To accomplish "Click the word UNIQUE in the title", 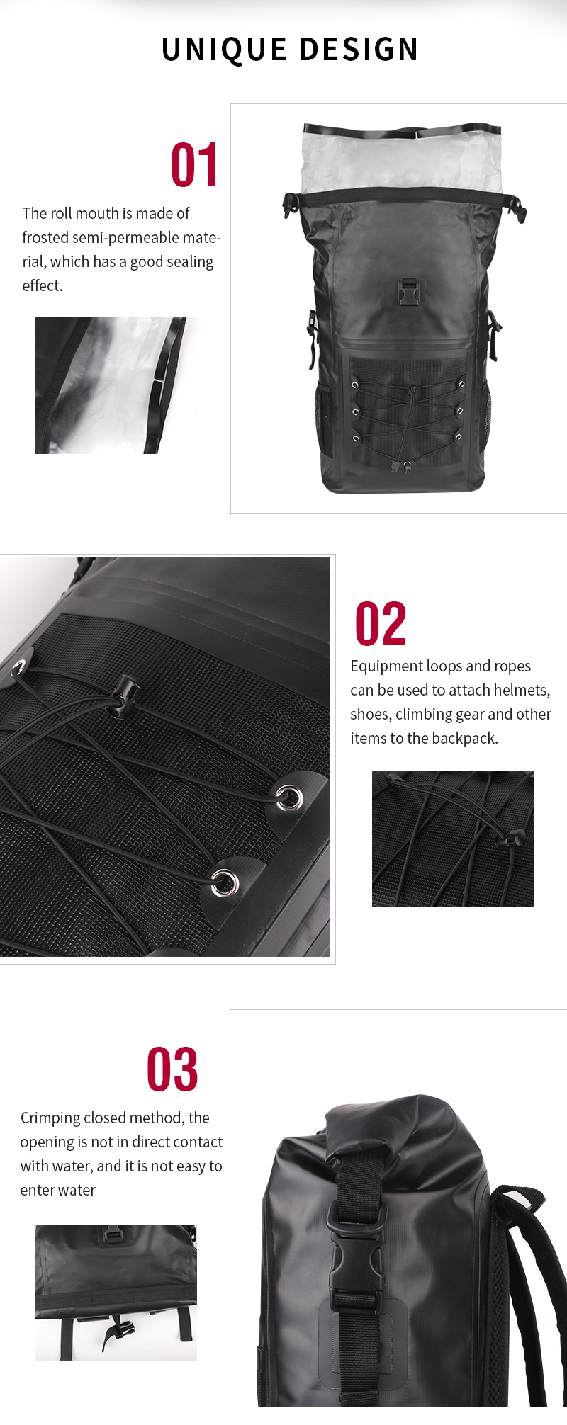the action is [x=224, y=50].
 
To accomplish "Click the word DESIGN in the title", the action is [x=359, y=50].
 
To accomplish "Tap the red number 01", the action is [x=194, y=166].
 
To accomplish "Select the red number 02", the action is [x=381, y=624].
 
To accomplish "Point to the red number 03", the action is [x=172, y=1069].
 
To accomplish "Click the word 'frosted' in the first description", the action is [x=45, y=237].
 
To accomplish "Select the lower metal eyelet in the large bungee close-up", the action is [x=225, y=882].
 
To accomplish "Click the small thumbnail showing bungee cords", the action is [x=453, y=839].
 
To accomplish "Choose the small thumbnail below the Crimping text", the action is [x=116, y=1293].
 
